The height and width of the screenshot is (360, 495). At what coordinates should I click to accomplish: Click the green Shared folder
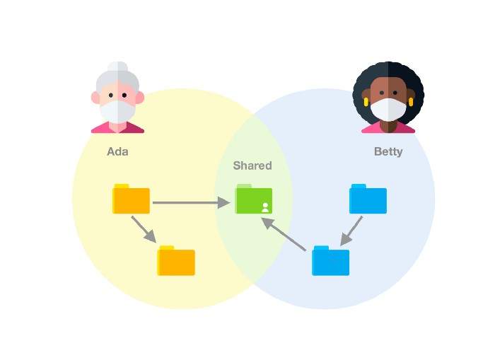(x=254, y=200)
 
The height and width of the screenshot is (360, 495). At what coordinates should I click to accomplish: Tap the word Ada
(x=118, y=151)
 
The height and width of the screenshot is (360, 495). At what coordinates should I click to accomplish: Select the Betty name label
(x=388, y=151)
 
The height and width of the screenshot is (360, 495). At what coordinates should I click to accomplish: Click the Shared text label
(x=252, y=166)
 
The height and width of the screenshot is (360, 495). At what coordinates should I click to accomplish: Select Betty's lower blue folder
(x=330, y=261)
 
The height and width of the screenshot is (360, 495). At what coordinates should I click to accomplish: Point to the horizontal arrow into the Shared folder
(x=191, y=203)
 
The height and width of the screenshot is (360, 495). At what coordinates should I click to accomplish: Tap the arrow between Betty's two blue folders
(x=351, y=231)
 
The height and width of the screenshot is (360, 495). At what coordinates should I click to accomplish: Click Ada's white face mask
(x=117, y=111)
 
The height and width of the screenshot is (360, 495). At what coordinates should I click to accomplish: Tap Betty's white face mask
(x=388, y=110)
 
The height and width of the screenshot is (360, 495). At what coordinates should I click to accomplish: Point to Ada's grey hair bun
(x=117, y=67)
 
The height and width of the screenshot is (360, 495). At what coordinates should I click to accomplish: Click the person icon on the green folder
(x=265, y=207)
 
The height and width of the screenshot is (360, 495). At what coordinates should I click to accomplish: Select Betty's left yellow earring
(x=366, y=102)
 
